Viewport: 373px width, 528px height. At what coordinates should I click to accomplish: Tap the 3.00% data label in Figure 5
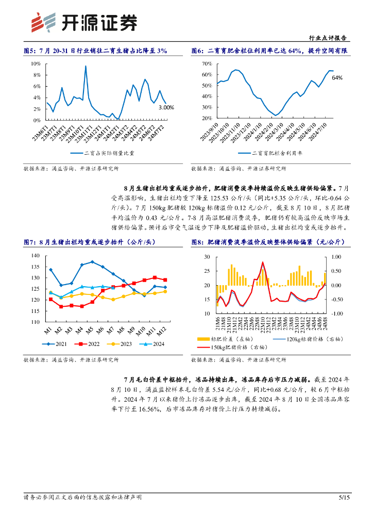[166, 107]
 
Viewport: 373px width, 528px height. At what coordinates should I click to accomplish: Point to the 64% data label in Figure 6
[337, 78]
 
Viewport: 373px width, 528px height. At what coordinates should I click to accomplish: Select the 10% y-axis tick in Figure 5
[36, 63]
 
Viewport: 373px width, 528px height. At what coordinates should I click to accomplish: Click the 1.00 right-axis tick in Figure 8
[335, 256]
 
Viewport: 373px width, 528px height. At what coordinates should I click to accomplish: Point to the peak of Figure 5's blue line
[86, 66]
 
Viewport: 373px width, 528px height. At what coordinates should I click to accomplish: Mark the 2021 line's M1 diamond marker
[50, 270]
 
